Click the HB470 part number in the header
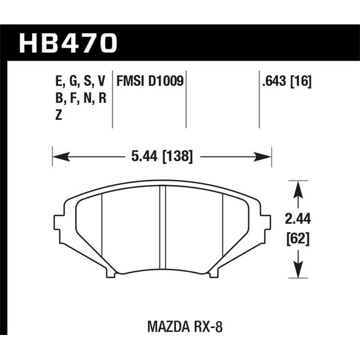(x=69, y=43)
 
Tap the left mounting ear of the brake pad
(x=60, y=222)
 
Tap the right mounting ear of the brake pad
(x=265, y=222)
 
